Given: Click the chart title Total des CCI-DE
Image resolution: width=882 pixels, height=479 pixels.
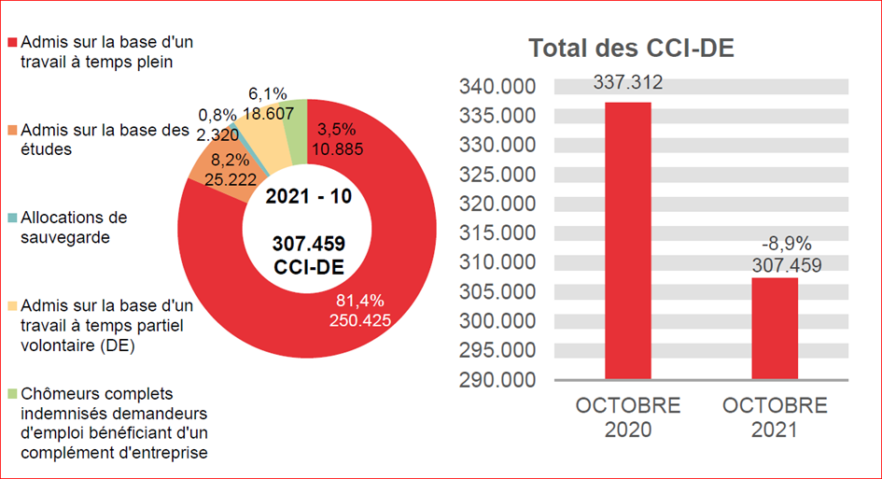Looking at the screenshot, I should coord(631,49).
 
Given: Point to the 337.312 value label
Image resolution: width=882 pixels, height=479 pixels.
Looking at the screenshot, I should coord(627,83).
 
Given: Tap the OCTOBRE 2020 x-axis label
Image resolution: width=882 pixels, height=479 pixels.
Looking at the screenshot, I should coord(627,417).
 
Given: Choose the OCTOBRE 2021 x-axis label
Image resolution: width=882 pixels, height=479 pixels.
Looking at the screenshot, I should coord(775,417).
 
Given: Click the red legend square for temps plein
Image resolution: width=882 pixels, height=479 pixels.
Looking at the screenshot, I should coord(12,43).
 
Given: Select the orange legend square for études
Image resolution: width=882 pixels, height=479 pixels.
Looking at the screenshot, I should coord(12,130).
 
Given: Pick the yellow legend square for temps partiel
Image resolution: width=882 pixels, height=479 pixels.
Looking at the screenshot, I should coord(12,305).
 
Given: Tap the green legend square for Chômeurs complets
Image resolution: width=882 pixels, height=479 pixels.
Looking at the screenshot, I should coord(12,393).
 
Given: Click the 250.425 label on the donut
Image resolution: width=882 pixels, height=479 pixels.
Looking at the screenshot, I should coord(359,320).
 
